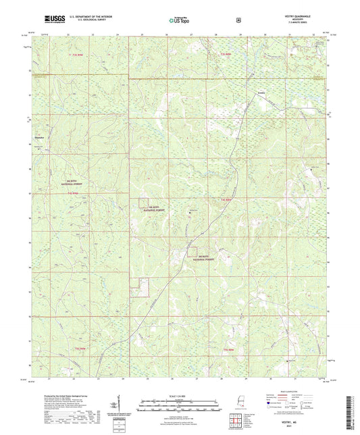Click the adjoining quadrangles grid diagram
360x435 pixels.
point(237,424)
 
